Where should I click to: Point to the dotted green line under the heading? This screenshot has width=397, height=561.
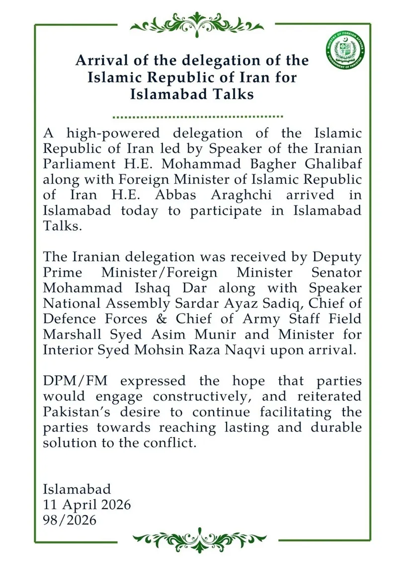click(x=198, y=117)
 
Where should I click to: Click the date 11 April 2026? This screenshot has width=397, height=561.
click(x=87, y=504)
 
